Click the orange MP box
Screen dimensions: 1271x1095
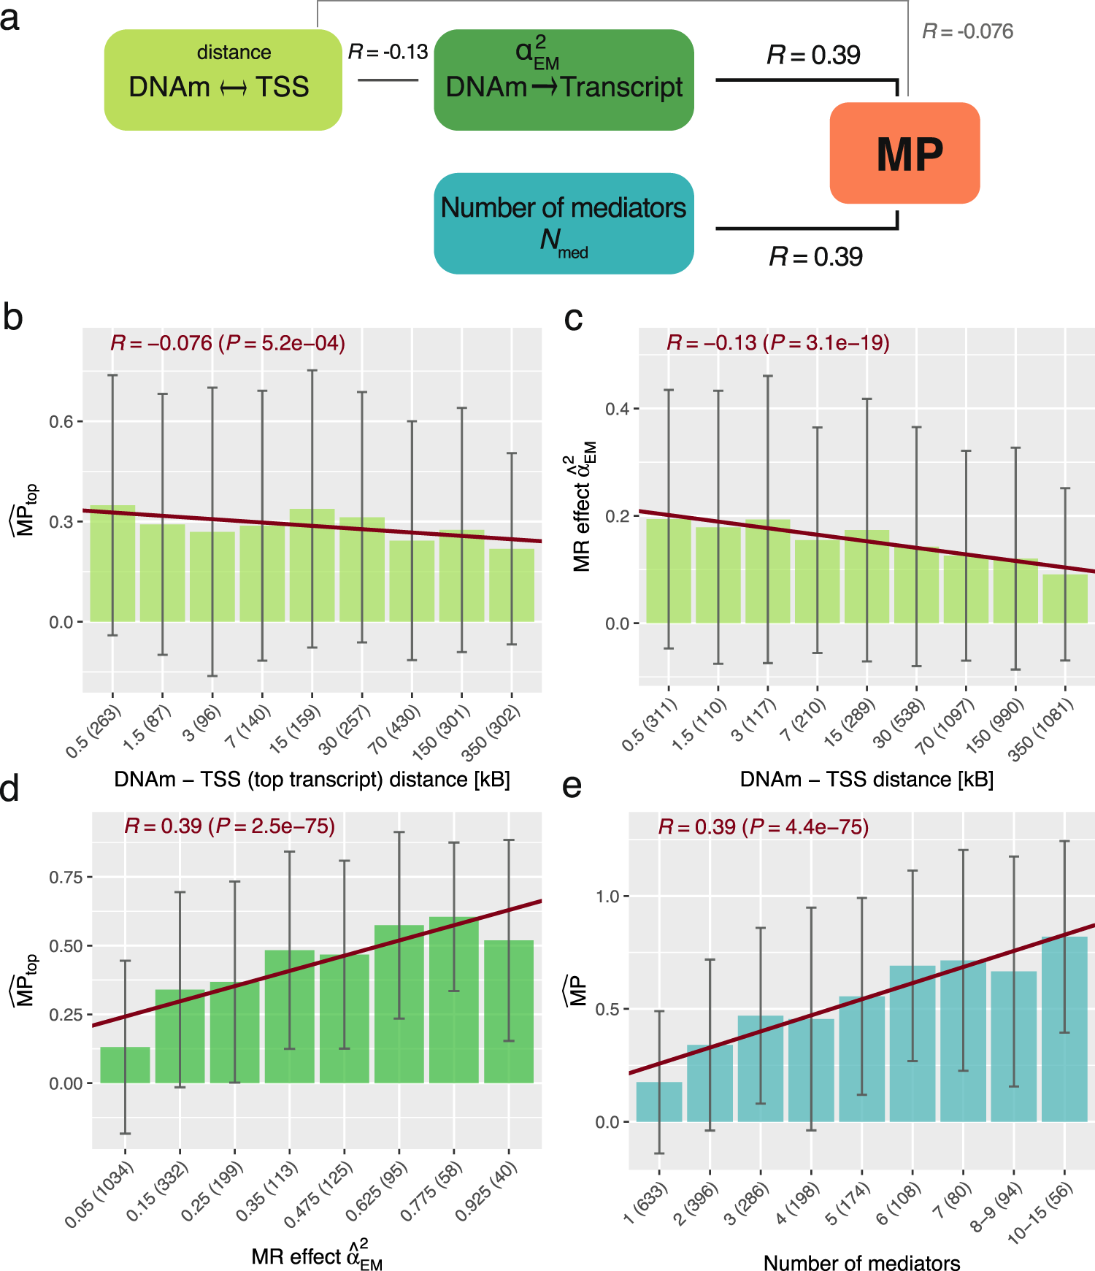point(904,153)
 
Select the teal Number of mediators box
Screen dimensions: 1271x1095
point(564,223)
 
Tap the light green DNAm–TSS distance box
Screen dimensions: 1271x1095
point(223,80)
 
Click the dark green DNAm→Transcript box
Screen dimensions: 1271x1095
point(564,80)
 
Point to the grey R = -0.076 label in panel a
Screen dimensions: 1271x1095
point(967,31)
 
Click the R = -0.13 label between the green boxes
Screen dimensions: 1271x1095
point(388,52)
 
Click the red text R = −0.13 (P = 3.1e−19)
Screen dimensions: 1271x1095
point(778,342)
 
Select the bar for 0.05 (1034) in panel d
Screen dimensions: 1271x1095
point(125,1065)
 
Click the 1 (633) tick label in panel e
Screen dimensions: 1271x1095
point(646,1203)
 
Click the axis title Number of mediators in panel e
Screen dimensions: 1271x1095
point(861,1263)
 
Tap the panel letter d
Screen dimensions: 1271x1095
point(10,789)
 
